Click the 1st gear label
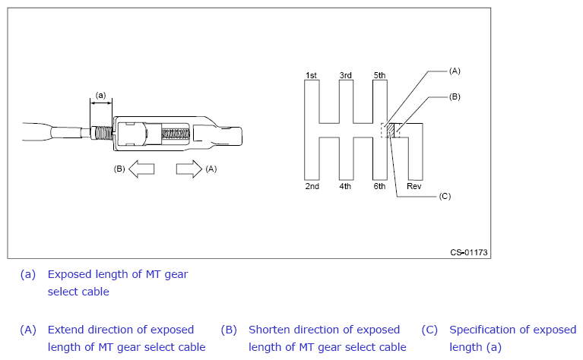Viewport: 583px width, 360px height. (311, 75)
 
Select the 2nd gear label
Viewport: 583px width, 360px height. (312, 186)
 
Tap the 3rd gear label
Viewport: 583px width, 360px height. (345, 75)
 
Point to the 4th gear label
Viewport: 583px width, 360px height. (345, 186)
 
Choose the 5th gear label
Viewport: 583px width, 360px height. (379, 75)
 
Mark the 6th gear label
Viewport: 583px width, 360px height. (379, 186)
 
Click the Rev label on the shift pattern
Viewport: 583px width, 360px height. (414, 186)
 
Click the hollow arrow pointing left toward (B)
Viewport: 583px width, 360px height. (141, 169)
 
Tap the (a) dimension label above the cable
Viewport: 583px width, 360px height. (100, 95)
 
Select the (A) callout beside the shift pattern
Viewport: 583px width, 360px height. (455, 70)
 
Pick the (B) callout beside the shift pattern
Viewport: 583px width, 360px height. (455, 96)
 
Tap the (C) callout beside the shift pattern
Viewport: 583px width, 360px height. (445, 196)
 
